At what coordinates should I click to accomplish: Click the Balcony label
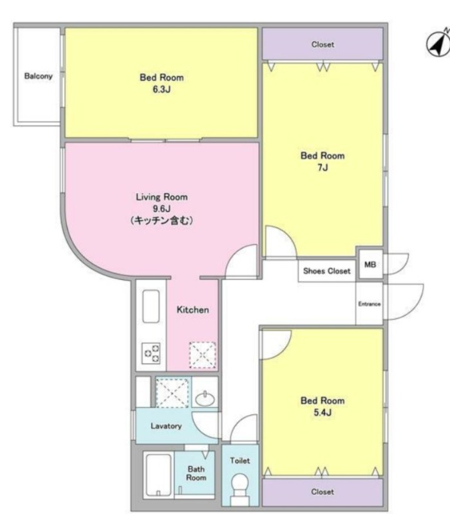coord(39,76)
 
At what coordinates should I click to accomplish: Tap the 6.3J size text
coord(162,89)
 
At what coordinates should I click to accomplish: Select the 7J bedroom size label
coord(323,167)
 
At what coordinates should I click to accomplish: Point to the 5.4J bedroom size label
coord(323,412)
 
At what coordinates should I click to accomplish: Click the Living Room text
coord(162,197)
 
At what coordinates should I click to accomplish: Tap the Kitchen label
coord(192,310)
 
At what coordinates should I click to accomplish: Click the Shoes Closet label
coord(326,271)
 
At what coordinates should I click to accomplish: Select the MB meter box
coord(370,264)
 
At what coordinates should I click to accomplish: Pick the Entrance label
coord(370,304)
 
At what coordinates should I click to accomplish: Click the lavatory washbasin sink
coord(205,399)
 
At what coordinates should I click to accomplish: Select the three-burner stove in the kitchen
coord(151,353)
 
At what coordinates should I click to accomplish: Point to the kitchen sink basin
coord(151,306)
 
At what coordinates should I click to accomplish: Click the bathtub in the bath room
coord(158,475)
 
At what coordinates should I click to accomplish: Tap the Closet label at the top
coord(323,44)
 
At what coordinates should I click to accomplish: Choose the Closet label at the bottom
coord(323,491)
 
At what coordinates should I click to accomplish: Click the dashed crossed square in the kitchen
coord(202,354)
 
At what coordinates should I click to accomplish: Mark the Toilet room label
coord(239,461)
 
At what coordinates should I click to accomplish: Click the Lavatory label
coord(166,426)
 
